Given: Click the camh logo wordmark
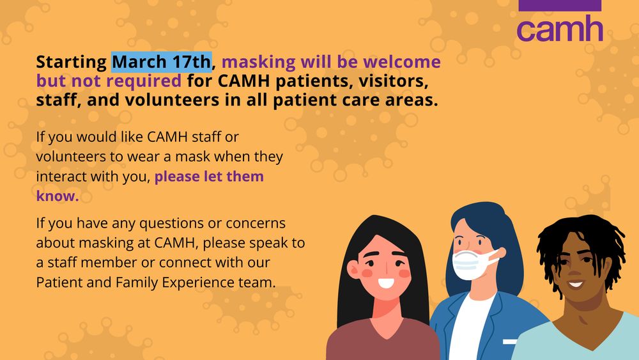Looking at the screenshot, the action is tap(560, 28).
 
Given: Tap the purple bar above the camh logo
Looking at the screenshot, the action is tap(560, 5).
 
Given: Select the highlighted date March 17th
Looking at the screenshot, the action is tap(162, 62).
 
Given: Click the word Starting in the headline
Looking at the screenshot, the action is tap(72, 63).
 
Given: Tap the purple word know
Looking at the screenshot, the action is tap(58, 196).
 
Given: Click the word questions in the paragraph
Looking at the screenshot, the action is tap(171, 223).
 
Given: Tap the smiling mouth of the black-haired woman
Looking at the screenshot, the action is tap(386, 283).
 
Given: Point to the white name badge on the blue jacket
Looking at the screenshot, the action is tap(510, 341).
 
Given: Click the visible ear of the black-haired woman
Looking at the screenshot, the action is tap(353, 269).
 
